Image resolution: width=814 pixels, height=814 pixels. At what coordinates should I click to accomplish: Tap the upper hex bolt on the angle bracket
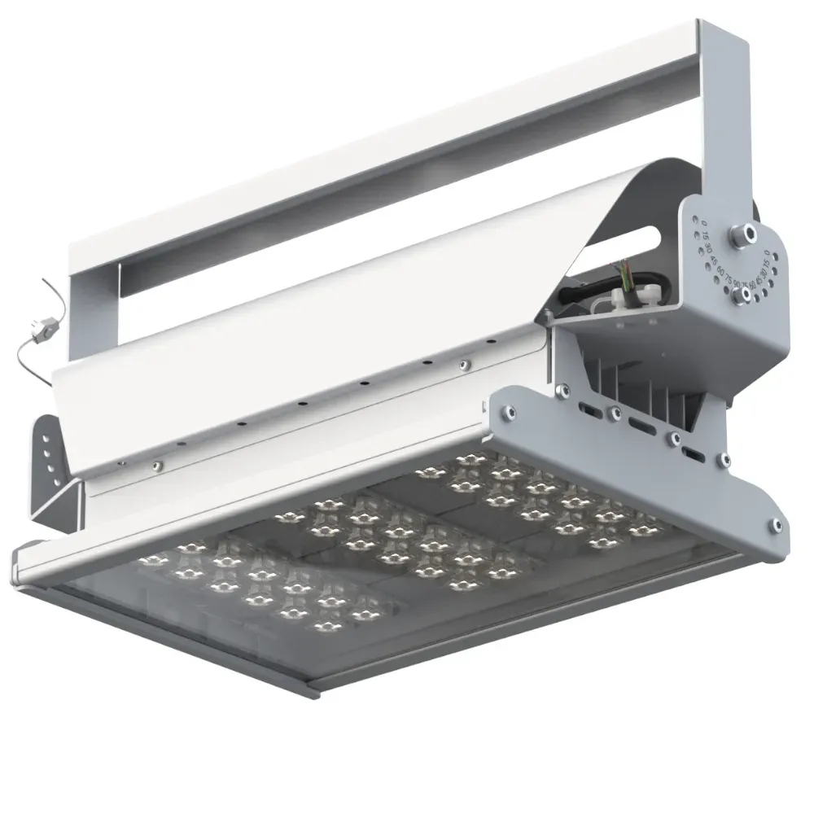742,234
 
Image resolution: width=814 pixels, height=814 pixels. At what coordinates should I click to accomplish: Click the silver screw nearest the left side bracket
157,466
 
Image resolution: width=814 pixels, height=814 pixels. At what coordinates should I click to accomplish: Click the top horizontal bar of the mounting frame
391,138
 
